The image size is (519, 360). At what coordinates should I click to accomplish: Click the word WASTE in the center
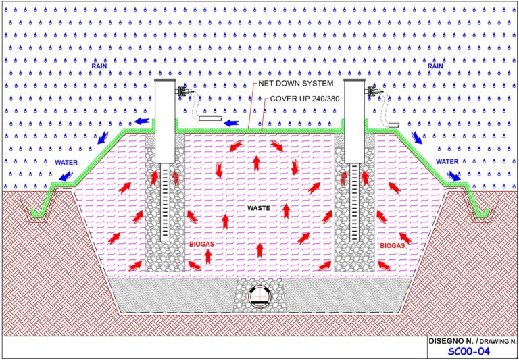pyautogui.click(x=259, y=208)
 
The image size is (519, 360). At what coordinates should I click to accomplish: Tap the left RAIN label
pyautogui.click(x=99, y=66)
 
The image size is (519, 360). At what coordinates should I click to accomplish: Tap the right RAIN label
pyautogui.click(x=435, y=66)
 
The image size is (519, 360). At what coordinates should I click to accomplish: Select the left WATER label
pyautogui.click(x=66, y=163)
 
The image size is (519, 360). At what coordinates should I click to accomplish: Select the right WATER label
pyautogui.click(x=447, y=162)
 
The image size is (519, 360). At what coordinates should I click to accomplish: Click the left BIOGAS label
pyautogui.click(x=201, y=245)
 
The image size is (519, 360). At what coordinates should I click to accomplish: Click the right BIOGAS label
pyautogui.click(x=393, y=246)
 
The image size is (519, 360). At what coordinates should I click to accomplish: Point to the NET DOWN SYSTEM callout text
pyautogui.click(x=295, y=84)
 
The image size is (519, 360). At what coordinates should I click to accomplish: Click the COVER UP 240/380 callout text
pyautogui.click(x=305, y=99)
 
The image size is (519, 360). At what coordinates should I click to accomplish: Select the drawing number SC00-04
pyautogui.click(x=468, y=351)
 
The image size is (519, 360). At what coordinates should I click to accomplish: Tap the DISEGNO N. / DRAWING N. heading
pyautogui.click(x=472, y=341)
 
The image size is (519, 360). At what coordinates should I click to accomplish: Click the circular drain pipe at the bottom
pyautogui.click(x=259, y=297)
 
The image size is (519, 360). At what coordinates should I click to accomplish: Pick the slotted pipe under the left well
pyautogui.click(x=165, y=202)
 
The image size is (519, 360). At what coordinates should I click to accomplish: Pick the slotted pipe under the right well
pyautogui.click(x=355, y=202)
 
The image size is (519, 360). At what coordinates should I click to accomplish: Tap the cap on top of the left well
pyautogui.click(x=165, y=80)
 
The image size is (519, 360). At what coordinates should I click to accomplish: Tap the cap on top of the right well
pyautogui.click(x=355, y=80)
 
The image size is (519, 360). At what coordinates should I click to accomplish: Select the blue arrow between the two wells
pyautogui.click(x=231, y=123)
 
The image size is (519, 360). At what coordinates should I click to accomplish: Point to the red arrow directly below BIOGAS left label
pyautogui.click(x=208, y=257)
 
